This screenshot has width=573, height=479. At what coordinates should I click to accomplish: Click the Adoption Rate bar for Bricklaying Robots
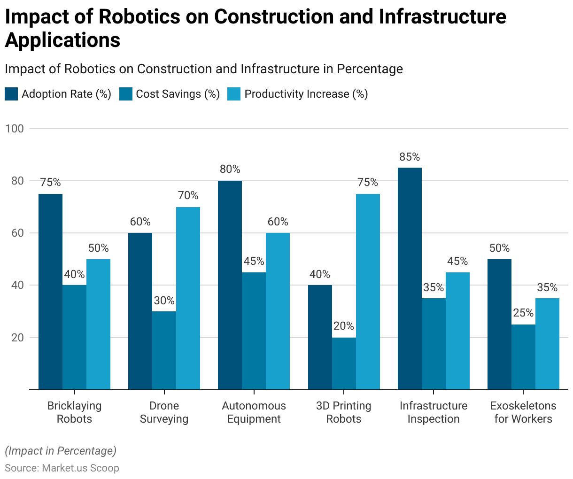(50, 292)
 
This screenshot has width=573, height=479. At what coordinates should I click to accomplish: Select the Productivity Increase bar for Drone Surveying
(188, 298)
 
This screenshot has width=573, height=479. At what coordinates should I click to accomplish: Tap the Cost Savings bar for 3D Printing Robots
(344, 363)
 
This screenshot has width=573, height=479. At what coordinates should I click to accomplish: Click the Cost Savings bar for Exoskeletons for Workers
(523, 357)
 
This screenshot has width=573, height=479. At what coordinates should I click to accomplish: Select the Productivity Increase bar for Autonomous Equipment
(278, 311)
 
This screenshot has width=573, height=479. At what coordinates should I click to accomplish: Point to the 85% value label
(410, 157)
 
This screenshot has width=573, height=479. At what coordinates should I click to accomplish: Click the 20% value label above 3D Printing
(344, 326)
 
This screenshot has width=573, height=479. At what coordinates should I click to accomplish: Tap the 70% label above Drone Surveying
(188, 196)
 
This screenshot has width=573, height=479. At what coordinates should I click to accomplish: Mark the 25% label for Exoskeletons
(523, 313)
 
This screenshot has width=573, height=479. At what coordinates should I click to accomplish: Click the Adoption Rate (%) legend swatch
(11, 94)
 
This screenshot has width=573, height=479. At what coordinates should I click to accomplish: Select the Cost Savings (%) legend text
(178, 94)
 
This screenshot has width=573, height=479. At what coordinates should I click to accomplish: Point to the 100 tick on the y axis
(15, 129)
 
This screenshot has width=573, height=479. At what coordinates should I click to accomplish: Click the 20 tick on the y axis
(17, 338)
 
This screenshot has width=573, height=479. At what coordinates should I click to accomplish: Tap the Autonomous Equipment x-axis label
(254, 412)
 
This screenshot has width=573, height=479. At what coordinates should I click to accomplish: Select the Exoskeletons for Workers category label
(523, 412)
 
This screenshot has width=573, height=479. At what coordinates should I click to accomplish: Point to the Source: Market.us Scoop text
(62, 468)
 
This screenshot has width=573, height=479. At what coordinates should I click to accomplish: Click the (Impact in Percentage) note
(61, 451)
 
